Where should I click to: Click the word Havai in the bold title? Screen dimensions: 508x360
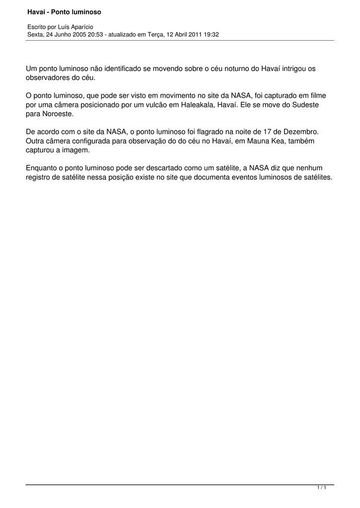point(36,11)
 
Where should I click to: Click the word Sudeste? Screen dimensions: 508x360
point(305,105)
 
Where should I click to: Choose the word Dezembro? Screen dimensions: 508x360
point(300,132)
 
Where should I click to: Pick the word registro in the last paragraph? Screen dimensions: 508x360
point(38,177)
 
